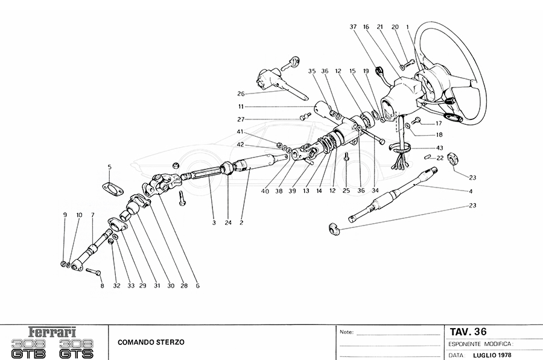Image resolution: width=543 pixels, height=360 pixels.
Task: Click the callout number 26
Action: coord(241,93)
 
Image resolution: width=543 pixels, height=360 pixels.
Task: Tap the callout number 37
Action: coord(353,27)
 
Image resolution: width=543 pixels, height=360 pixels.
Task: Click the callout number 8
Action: coord(102,286)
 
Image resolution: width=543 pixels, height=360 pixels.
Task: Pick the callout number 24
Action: coord(229,223)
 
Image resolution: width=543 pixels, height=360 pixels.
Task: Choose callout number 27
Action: coord(241,119)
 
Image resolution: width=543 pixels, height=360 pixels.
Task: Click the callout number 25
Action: coord(346,190)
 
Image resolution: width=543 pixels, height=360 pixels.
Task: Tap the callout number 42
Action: coord(240,145)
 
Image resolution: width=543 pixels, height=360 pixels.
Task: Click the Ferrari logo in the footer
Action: coord(53,332)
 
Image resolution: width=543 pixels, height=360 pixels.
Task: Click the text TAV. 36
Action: coord(468,331)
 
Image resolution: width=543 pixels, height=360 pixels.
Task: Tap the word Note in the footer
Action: coord(346,332)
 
